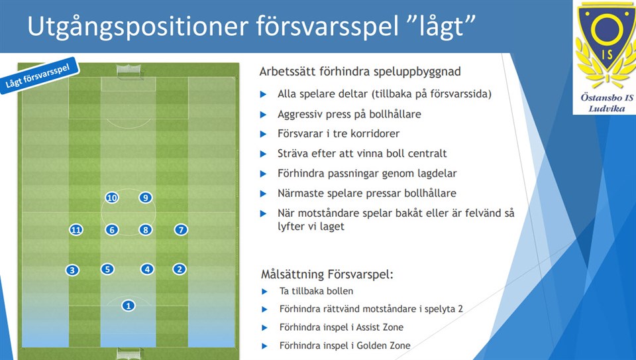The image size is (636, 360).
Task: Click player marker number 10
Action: (111, 198)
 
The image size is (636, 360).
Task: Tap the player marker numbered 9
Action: (145, 198)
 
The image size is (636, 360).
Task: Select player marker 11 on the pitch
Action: (76, 230)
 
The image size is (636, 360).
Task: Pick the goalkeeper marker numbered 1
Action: (129, 306)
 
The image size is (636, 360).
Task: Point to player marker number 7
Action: (181, 229)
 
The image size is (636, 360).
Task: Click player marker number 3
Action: (72, 270)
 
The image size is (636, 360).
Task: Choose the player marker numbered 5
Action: (107, 269)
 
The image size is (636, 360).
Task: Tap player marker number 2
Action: (180, 269)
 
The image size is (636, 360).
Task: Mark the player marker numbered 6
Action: (112, 229)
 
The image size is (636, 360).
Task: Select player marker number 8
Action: (145, 229)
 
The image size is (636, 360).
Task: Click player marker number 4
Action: (147, 269)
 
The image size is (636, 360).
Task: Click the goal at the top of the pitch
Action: (129, 70)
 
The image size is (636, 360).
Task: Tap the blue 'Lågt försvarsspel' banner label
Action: (38, 76)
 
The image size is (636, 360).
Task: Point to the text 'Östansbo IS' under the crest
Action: (607, 97)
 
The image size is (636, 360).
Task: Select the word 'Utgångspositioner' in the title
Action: (138, 27)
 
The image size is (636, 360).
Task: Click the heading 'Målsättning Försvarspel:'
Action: (327, 274)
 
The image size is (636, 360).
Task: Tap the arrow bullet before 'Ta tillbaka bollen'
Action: (265, 292)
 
